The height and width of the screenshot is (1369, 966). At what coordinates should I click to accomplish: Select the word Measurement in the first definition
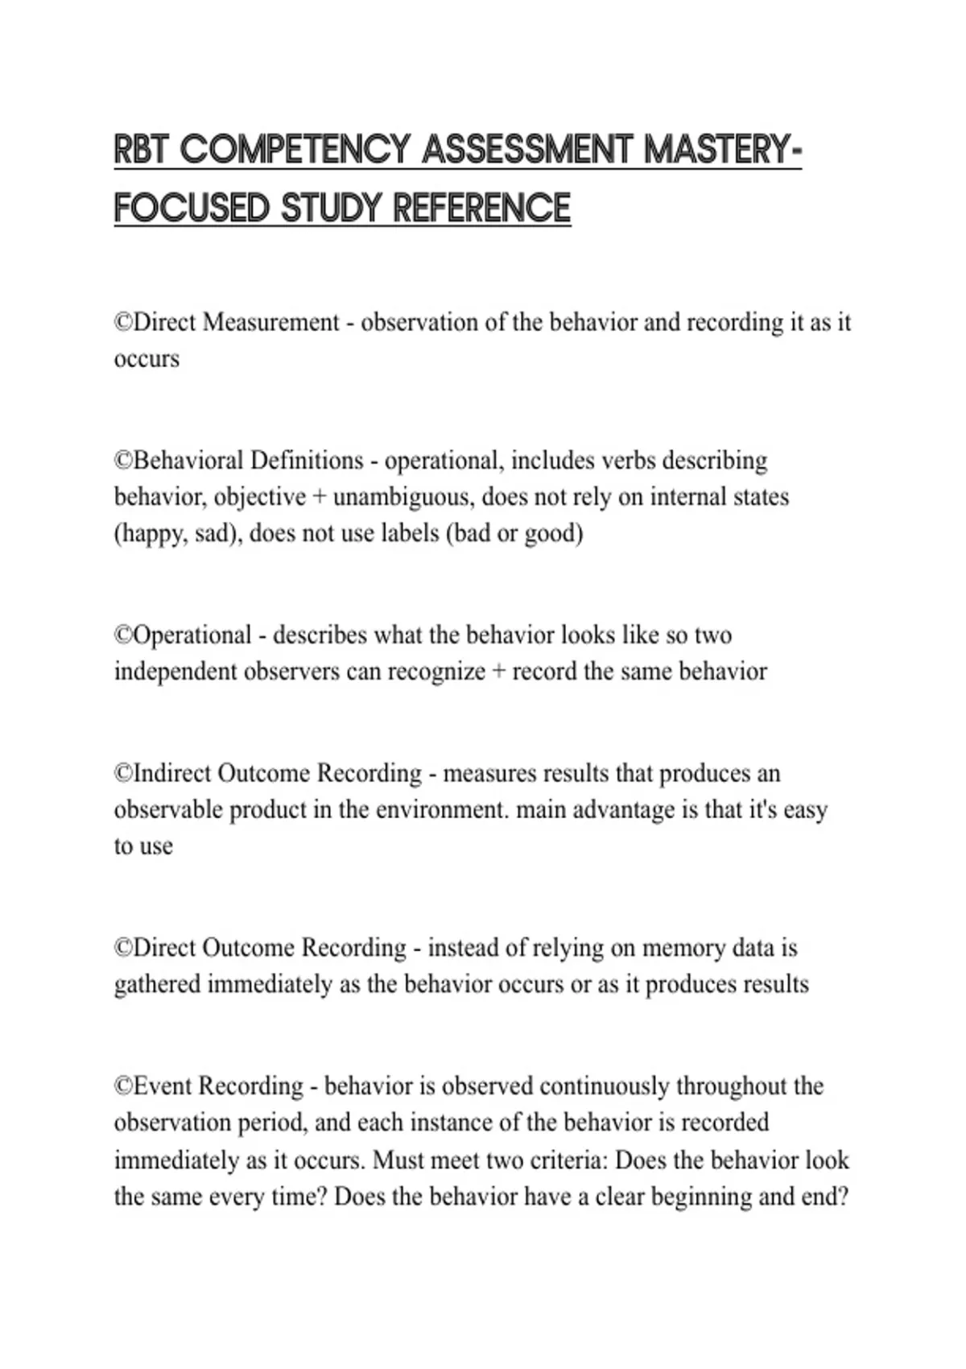[x=270, y=323]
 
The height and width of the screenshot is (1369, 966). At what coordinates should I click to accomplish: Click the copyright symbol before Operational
[x=123, y=635]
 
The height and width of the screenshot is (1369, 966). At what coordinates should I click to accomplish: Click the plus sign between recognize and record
[x=498, y=672]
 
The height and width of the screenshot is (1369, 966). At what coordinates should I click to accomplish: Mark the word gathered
[x=157, y=985]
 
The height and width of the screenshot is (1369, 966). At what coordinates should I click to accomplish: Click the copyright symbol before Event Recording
[x=123, y=1086]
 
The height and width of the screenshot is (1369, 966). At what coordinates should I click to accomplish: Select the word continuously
[x=604, y=1086]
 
